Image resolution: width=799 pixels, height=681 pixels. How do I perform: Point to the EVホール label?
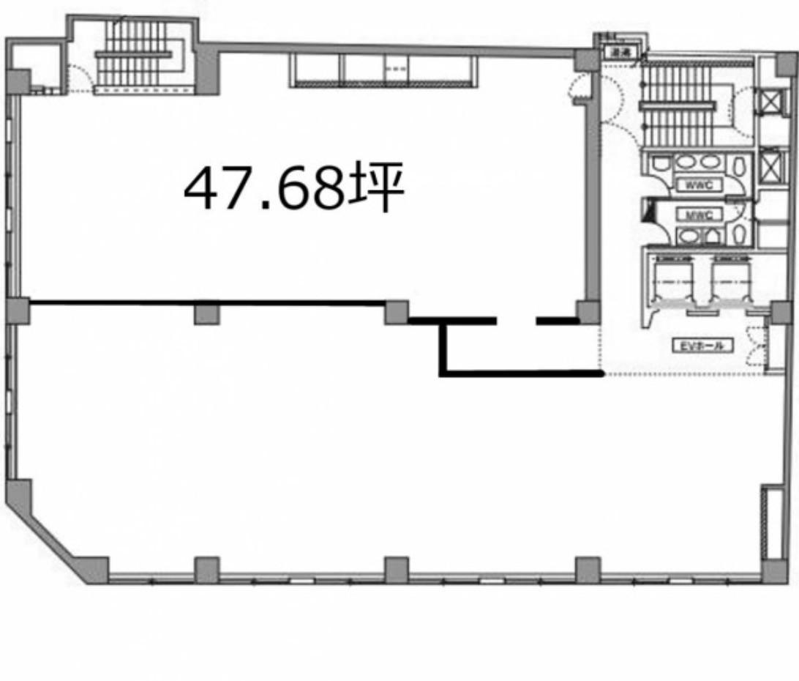click(701, 346)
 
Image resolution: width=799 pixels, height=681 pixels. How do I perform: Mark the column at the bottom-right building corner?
click(771, 571)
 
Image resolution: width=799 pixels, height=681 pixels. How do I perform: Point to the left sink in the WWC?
click(685, 162)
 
